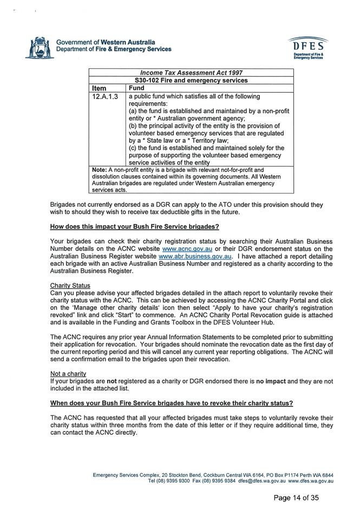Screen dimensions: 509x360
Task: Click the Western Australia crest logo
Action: point(39,47)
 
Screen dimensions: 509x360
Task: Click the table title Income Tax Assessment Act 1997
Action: point(191,72)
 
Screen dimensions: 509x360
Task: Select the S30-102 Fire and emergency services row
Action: point(191,80)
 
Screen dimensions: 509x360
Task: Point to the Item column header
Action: point(100,88)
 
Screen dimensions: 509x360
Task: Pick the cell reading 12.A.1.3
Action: point(105,96)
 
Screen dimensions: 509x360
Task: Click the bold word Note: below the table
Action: point(100,169)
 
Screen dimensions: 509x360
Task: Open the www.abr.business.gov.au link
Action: point(196,256)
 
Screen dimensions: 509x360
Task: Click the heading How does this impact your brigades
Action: point(134,226)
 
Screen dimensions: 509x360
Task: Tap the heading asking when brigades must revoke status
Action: point(172,403)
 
